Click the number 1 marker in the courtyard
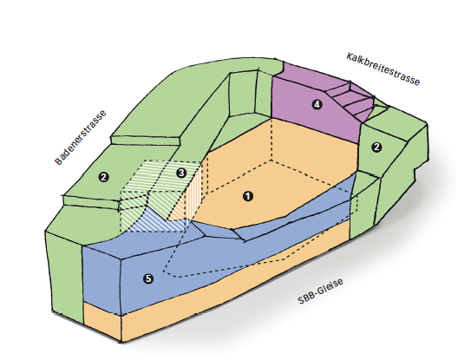point(248,196)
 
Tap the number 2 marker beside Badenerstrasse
point(104,177)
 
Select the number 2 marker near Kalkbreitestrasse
point(376,147)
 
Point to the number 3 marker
point(181,173)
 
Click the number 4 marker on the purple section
point(317,104)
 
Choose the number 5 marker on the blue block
point(148,278)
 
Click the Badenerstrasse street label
point(81,138)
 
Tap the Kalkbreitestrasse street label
point(383,69)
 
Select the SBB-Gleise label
point(320,291)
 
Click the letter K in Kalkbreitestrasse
point(350,56)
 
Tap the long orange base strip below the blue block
point(233,280)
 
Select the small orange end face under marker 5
point(102,321)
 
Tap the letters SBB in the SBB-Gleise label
point(306,298)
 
